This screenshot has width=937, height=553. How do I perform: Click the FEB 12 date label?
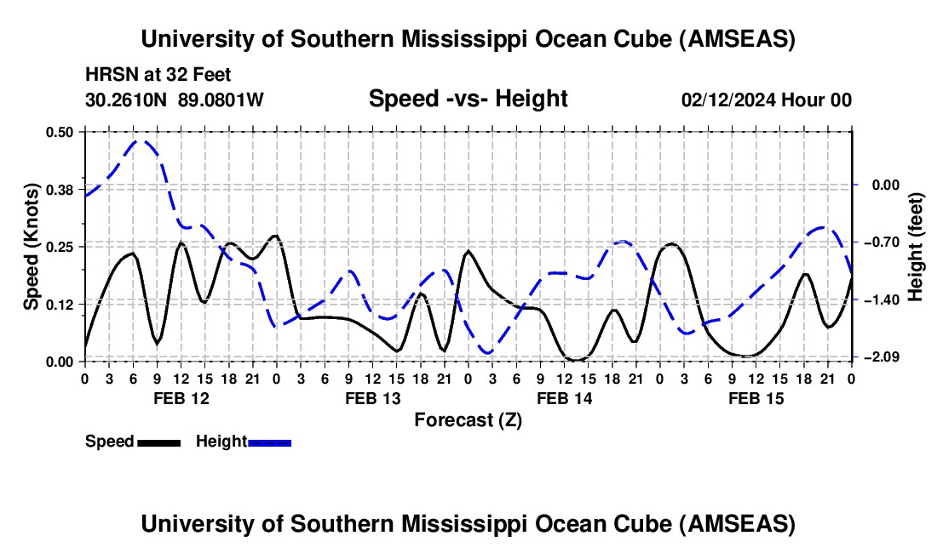(180, 398)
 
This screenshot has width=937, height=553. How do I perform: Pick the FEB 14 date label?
(563, 398)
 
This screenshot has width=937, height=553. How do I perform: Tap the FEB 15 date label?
(755, 398)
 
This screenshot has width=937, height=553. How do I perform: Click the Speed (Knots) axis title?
(32, 246)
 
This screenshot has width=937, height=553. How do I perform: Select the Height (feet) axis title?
(916, 246)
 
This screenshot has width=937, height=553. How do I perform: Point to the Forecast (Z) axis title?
(468, 419)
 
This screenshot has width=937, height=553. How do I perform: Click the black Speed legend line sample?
(158, 442)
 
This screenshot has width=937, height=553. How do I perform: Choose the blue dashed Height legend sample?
(270, 442)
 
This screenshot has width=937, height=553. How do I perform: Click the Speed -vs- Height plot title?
(468, 100)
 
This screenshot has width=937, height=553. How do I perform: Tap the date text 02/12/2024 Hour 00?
(766, 100)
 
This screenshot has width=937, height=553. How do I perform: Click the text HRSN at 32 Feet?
(158, 76)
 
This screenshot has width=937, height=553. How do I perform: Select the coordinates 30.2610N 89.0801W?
(175, 100)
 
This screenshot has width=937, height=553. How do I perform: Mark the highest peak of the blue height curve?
(142, 141)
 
